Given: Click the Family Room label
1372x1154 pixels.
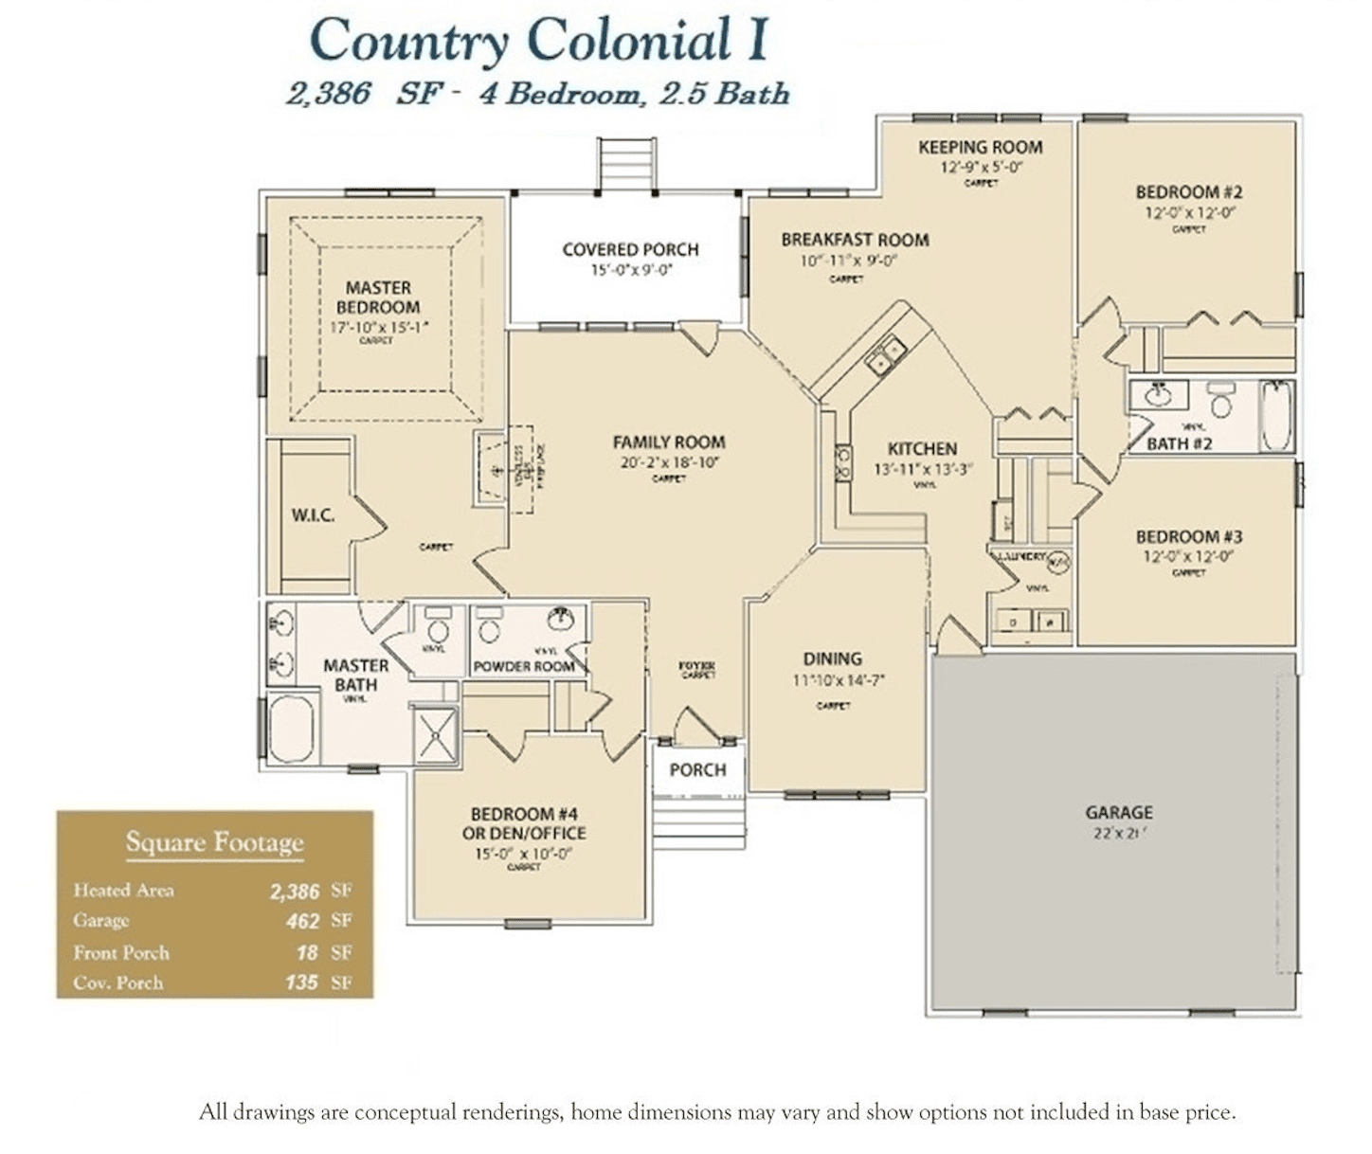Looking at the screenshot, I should click(x=668, y=442).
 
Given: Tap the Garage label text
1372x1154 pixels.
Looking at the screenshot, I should click(x=1118, y=812).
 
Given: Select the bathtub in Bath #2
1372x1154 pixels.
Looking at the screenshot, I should click(x=1275, y=416).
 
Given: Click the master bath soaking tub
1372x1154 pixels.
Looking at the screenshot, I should click(x=291, y=728).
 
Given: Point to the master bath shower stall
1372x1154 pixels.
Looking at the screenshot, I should click(x=436, y=734).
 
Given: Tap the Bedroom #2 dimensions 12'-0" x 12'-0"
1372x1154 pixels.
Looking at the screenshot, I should click(x=1189, y=212).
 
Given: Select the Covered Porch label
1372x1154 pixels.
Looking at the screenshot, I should click(x=630, y=249).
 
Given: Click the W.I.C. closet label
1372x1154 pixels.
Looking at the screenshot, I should click(x=312, y=515).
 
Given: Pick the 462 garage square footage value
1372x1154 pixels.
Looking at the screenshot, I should click(x=303, y=921).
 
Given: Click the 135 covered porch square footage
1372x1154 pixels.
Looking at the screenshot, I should click(x=301, y=983).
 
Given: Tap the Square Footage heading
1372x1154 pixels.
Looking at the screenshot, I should click(x=214, y=841).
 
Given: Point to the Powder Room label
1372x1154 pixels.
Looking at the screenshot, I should click(x=524, y=666).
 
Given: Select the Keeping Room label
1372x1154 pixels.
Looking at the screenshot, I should click(x=980, y=147).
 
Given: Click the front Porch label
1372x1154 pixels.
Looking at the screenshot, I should click(x=697, y=769).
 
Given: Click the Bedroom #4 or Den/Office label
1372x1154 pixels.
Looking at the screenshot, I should click(x=524, y=823).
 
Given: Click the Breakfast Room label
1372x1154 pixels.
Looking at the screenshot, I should click(x=855, y=240).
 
